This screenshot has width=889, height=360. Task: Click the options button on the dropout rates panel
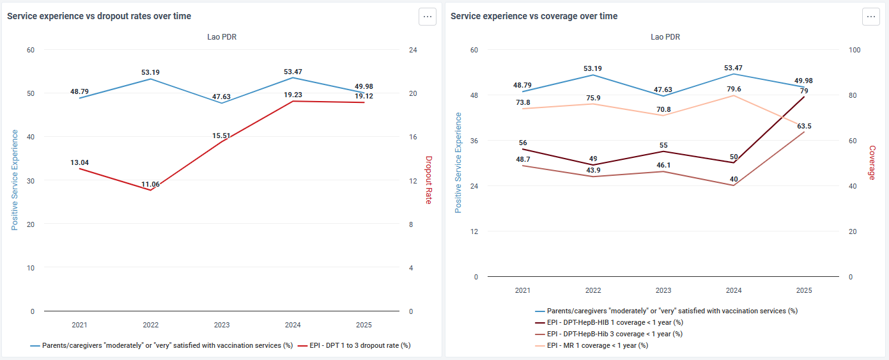[x=428, y=17]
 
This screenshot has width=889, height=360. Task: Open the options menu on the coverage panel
[x=870, y=17]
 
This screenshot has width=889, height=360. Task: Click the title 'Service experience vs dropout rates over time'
[x=99, y=16]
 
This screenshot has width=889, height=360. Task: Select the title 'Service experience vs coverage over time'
[x=534, y=16]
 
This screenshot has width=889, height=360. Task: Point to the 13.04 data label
[x=79, y=162]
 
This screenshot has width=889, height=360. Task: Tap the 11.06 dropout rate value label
[x=150, y=184]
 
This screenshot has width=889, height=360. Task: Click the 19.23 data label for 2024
[x=293, y=95]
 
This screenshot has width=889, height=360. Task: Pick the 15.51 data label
[x=221, y=136]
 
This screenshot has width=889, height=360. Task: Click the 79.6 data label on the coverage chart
[x=734, y=89]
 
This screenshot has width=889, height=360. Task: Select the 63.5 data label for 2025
[x=804, y=126]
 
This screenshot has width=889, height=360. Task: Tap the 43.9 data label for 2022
[x=593, y=170]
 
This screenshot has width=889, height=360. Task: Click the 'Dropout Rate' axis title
[x=429, y=180]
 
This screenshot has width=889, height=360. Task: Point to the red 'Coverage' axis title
[x=872, y=162]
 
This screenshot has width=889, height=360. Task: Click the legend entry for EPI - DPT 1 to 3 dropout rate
[x=355, y=345]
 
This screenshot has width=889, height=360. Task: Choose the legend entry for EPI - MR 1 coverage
[x=592, y=345]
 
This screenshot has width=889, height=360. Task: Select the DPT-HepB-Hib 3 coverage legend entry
[x=609, y=334]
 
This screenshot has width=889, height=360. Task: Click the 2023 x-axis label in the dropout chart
[x=222, y=325]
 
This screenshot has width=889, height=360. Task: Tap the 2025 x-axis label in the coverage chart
[x=804, y=290]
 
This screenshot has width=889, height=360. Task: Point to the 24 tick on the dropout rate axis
[x=413, y=50]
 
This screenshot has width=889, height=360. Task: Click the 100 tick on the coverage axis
[x=854, y=50]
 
